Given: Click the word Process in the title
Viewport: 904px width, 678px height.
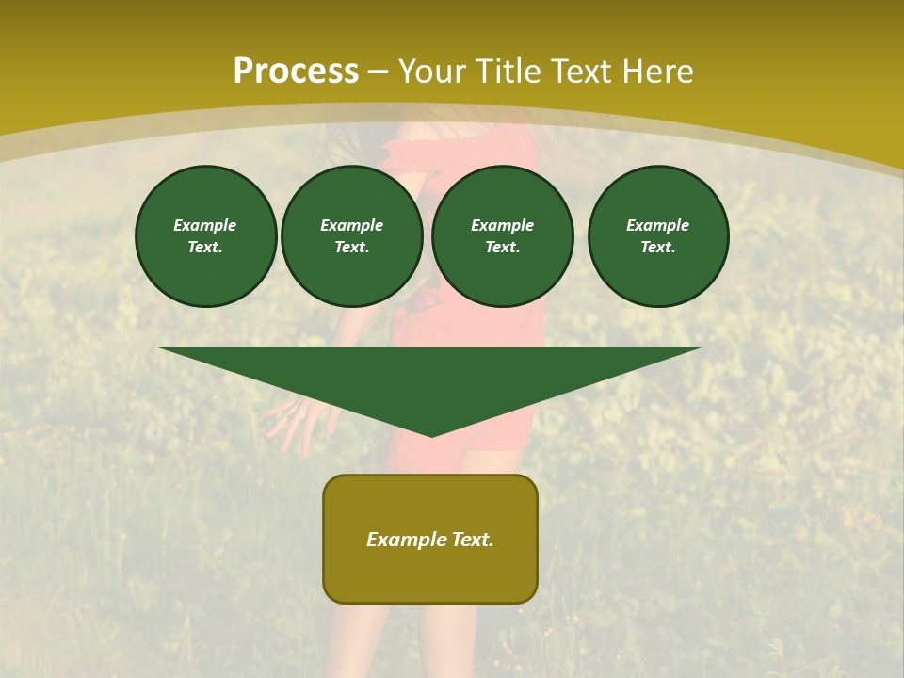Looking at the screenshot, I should click(296, 72).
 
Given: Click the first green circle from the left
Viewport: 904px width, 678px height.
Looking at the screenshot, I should click(205, 236).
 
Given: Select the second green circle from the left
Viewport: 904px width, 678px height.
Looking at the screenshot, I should click(351, 236).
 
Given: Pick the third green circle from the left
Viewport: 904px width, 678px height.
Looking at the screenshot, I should click(502, 236).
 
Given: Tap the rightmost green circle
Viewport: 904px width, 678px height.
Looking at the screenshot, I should click(657, 236).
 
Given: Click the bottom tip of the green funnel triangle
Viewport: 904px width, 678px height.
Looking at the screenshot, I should click(432, 434).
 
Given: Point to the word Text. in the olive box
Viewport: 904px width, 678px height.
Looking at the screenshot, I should click(472, 540).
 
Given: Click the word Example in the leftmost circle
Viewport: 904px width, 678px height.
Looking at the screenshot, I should click(205, 225).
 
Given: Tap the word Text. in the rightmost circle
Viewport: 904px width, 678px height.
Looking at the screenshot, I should click(657, 248).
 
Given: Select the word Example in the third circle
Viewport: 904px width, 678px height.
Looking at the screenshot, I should click(502, 225).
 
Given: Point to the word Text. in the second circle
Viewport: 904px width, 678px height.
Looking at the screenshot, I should click(351, 248).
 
